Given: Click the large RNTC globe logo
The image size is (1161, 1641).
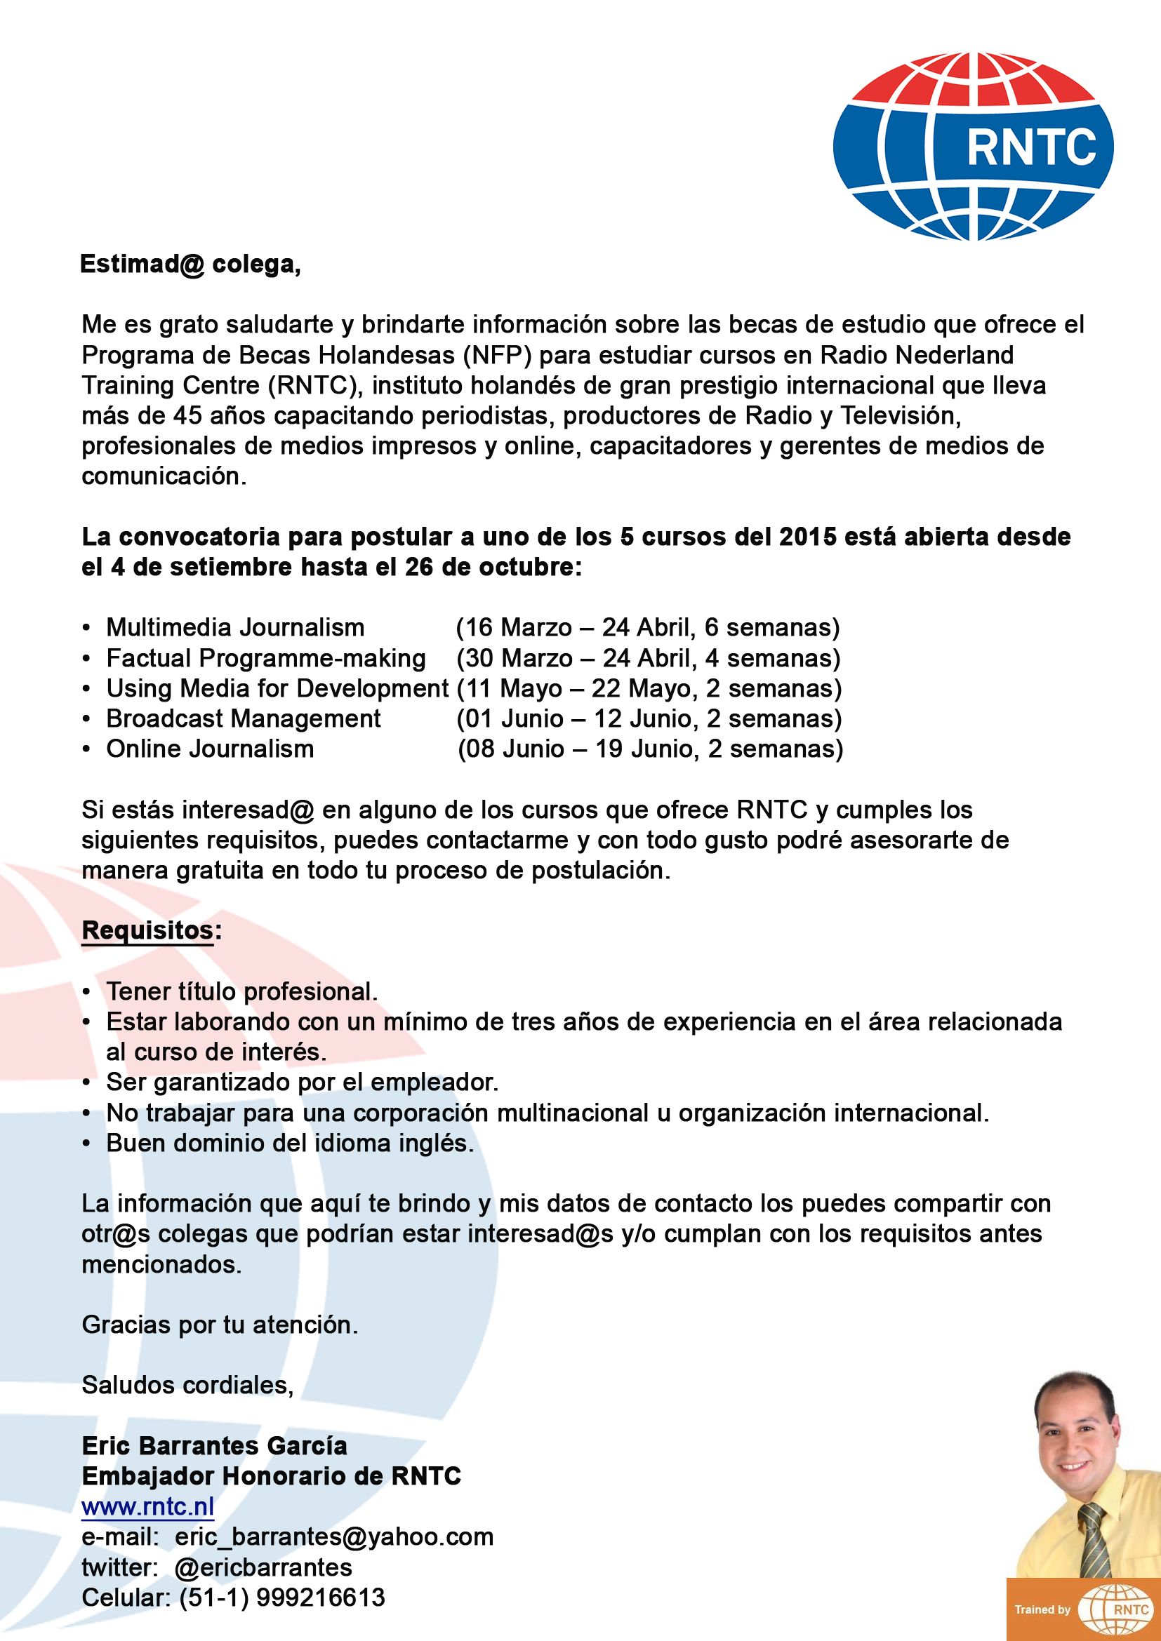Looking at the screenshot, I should point(972,146).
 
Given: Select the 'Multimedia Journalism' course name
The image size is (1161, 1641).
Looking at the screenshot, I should point(235,627).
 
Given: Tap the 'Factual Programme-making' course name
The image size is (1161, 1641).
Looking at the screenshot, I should point(266,657).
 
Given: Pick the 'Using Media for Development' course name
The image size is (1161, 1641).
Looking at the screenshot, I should point(277,688).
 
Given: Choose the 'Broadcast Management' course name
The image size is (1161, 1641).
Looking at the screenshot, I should point(243,718).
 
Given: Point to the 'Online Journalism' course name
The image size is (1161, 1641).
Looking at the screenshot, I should point(210,749).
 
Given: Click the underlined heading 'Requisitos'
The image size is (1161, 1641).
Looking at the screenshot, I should point(148,930).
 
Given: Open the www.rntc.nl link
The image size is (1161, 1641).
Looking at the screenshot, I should point(148,1506).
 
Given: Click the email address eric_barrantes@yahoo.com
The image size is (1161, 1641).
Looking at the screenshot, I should point(334,1536).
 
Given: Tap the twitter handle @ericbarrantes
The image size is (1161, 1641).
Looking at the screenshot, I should point(263,1567).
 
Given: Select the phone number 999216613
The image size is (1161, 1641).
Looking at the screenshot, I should point(320,1598).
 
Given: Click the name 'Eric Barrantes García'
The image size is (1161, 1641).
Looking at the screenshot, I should point(215,1446).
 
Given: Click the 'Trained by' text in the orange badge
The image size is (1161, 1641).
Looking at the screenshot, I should point(1042,1609).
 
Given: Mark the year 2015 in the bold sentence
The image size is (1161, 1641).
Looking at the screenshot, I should point(807,537).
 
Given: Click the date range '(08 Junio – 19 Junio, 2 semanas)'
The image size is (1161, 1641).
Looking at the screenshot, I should point(650,749).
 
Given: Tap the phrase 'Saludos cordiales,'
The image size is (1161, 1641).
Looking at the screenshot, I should point(187,1385).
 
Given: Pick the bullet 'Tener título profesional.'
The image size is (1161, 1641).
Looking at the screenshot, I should point(241,992).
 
